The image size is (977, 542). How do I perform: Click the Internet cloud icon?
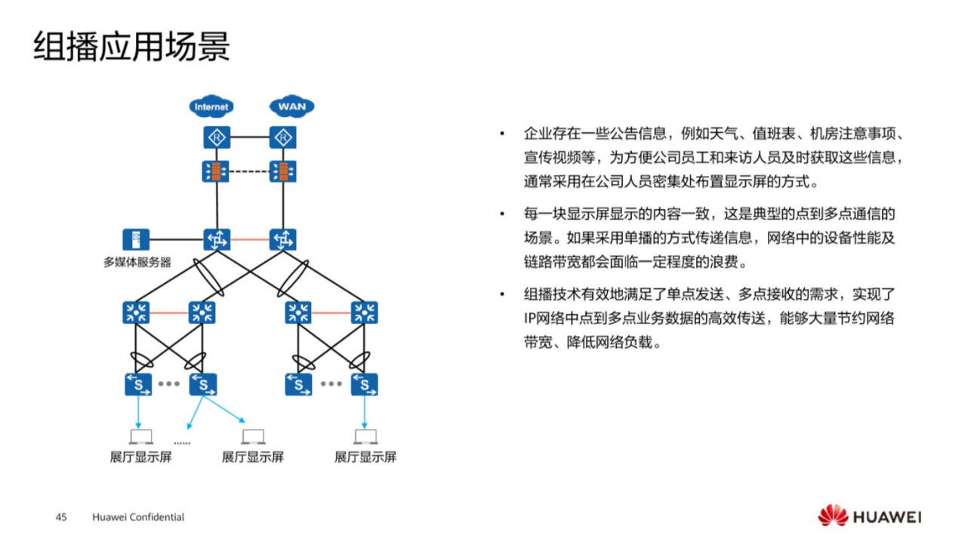click(211, 106)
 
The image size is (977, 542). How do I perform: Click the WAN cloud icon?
click(291, 106)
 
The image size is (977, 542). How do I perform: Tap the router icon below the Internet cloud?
click(217, 137)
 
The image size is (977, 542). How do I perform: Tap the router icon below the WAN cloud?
click(283, 137)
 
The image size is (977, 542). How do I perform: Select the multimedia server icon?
click(136, 240)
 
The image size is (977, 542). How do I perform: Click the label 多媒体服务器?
click(137, 262)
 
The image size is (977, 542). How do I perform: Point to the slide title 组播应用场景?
click(131, 47)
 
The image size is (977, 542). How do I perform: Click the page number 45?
click(61, 517)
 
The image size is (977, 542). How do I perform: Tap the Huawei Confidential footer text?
click(138, 517)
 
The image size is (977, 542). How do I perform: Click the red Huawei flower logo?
click(833, 516)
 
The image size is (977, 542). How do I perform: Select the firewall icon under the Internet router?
click(217, 171)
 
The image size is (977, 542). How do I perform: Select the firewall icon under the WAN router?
click(283, 171)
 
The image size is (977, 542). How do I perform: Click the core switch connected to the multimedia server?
click(217, 240)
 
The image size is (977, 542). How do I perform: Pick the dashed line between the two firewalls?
click(250, 171)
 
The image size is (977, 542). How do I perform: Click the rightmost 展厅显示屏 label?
click(365, 457)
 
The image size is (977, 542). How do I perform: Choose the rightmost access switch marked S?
click(365, 384)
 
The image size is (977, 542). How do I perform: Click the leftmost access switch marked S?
click(138, 384)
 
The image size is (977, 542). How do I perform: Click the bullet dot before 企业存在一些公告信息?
click(501, 135)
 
